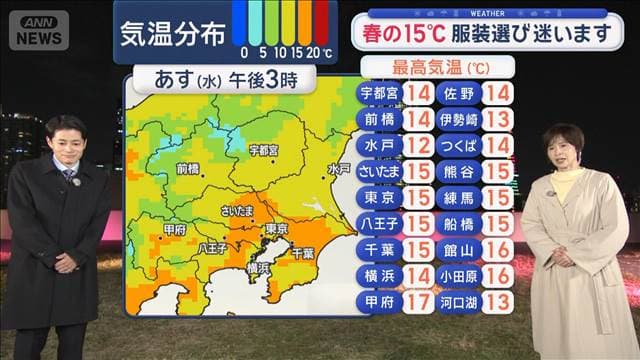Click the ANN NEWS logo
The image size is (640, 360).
39,29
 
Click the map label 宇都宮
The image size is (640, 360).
263,150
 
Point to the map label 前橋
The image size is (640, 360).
187,169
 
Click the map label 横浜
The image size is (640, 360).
258,268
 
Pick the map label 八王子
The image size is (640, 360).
214,247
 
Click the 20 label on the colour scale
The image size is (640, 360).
314,52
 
